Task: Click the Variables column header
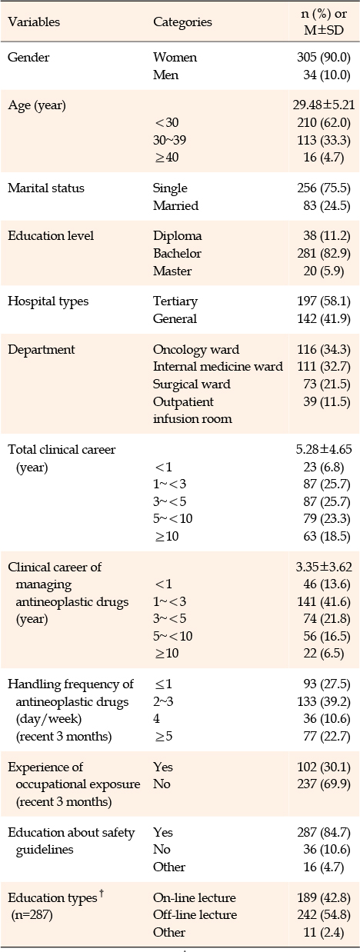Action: coord(34,22)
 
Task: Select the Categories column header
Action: coord(182,22)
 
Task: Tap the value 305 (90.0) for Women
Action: coord(323,58)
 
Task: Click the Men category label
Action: coord(165,75)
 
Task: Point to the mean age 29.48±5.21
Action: coord(323,105)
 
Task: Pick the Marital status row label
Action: coord(46,188)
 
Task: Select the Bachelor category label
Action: coord(177,253)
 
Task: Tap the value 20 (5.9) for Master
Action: coord(323,271)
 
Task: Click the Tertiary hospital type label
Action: coord(175,301)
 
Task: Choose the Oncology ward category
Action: coord(196,349)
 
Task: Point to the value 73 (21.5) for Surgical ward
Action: coord(327,384)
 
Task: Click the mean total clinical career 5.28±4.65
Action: coord(324,450)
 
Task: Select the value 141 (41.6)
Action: coord(323,602)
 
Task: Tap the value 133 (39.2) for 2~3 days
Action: coord(323,701)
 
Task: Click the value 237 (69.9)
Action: coord(323,784)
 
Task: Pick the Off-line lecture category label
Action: coord(195,915)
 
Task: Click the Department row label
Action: coord(42,350)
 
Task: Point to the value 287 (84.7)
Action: coord(323,833)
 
